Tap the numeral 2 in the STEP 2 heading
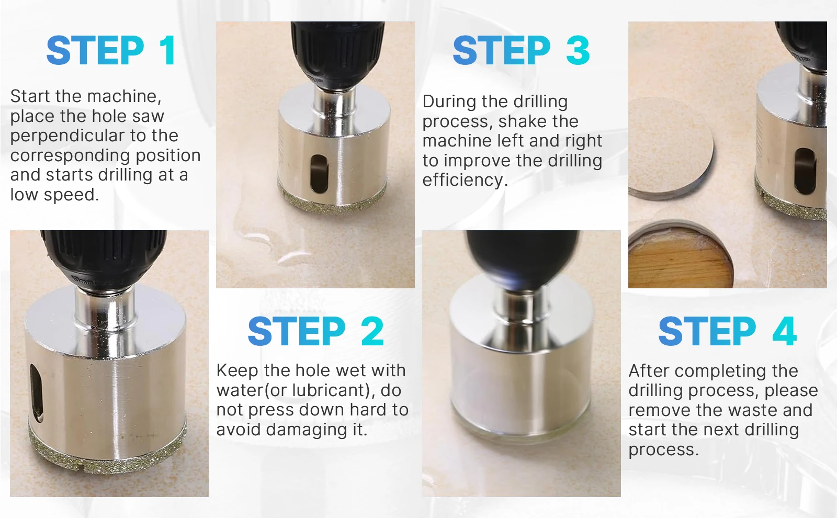tap(372, 331)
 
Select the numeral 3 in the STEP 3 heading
tap(578, 50)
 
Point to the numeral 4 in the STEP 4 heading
tap(785, 331)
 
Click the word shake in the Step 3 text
tap(520, 121)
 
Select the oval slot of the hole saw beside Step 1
tap(320, 174)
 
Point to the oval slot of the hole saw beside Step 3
tap(805, 171)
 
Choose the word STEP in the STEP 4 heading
tap(707, 331)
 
